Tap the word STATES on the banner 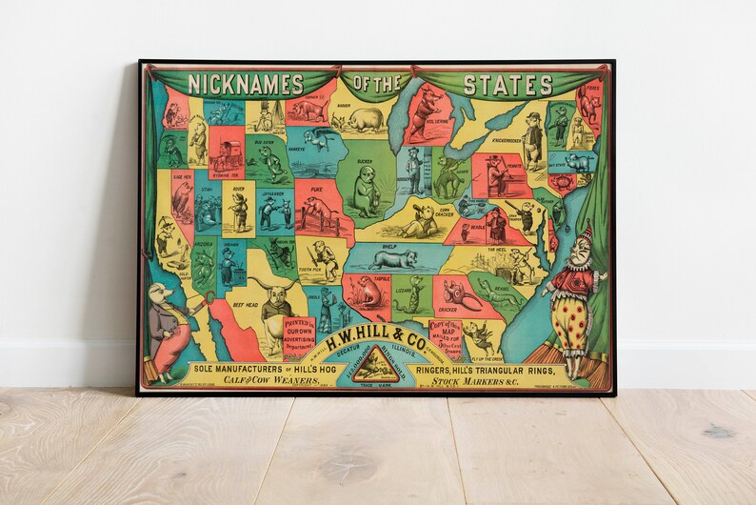(507, 84)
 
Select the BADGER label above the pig (344, 106)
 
